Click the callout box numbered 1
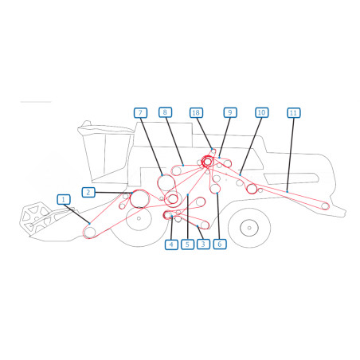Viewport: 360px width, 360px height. coord(64,199)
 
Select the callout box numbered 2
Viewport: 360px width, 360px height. coord(88,192)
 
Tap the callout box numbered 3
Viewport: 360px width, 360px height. coord(203,244)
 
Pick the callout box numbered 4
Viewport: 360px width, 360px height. coord(171,245)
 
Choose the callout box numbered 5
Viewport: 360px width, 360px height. coord(187,245)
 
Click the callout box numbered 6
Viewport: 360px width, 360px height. coord(220,244)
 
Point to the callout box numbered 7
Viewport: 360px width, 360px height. coord(140,113)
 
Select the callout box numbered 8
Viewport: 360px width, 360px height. coord(165,112)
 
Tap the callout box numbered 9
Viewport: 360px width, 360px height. coord(230,112)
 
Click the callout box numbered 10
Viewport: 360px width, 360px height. coord(262,112)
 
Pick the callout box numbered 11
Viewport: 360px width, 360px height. coord(294,112)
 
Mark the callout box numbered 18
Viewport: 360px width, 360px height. coord(196,112)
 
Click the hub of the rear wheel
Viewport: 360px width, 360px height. coord(249,228)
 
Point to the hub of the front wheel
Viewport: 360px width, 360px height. coord(139,218)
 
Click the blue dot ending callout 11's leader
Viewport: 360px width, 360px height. coord(288,191)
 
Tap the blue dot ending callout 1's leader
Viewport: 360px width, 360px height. coord(90,224)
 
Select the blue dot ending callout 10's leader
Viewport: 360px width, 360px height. coord(240,174)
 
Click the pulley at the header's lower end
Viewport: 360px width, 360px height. coord(90,233)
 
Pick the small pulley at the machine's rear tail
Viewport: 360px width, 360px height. coord(325,205)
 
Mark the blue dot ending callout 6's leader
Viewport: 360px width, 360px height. coord(217,193)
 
